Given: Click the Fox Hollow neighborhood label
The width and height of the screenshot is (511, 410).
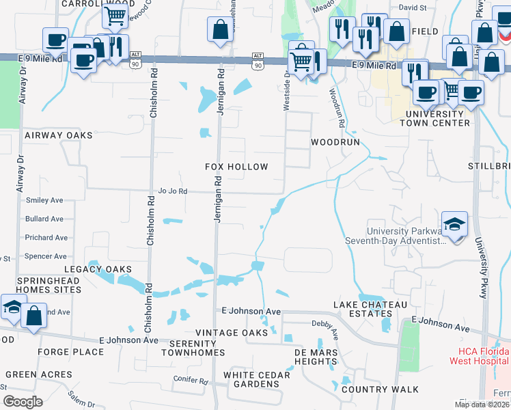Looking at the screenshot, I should pyautogui.click(x=237, y=167).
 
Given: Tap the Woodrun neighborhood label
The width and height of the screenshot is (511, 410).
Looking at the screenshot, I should pyautogui.click(x=335, y=143).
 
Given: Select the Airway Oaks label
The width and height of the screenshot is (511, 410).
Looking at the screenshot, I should pyautogui.click(x=58, y=136).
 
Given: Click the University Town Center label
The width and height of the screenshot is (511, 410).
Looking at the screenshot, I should pyautogui.click(x=437, y=118).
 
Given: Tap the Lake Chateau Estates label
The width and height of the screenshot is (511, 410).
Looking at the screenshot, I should pyautogui.click(x=370, y=309).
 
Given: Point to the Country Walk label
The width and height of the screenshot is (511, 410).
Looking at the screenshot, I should pyautogui.click(x=370, y=389).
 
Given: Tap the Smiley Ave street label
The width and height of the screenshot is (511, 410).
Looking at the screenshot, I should pyautogui.click(x=44, y=200).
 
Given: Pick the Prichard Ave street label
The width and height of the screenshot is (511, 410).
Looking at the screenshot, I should pyautogui.click(x=46, y=238).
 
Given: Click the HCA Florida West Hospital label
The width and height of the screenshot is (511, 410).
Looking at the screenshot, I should pyautogui.click(x=478, y=355).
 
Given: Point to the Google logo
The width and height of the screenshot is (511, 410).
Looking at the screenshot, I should pyautogui.click(x=23, y=402).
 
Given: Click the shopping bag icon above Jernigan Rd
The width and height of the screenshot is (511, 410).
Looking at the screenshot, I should pyautogui.click(x=220, y=30).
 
